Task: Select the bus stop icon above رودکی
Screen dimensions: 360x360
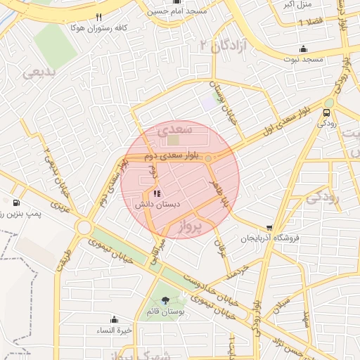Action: point(327,112)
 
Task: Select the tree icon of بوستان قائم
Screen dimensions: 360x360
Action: point(165,300)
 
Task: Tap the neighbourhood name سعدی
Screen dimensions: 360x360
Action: point(173,130)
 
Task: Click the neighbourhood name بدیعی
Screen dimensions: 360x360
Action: point(38,72)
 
